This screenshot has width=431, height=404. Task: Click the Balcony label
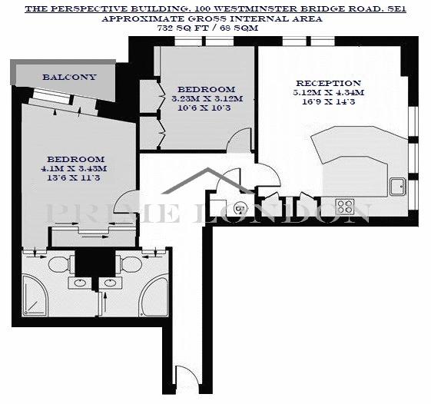pyautogui.click(x=69, y=77)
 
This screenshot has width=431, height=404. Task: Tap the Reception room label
pyautogui.click(x=328, y=83)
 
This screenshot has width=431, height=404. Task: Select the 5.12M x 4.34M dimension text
pyautogui.click(x=328, y=93)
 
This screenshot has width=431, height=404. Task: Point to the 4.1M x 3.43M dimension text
pyautogui.click(x=74, y=168)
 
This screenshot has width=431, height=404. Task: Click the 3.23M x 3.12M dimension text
pyautogui.click(x=207, y=98)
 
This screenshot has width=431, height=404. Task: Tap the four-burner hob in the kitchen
pyautogui.click(x=345, y=207)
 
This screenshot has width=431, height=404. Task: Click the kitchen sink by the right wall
pyautogui.click(x=397, y=187)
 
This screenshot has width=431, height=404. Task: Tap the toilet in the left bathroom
pyautogui.click(x=60, y=263)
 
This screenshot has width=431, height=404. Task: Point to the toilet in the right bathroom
pyautogui.click(x=130, y=263)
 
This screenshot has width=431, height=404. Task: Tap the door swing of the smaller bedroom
pyautogui.click(x=239, y=140)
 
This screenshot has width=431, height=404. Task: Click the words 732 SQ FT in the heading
pyautogui.click(x=178, y=28)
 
